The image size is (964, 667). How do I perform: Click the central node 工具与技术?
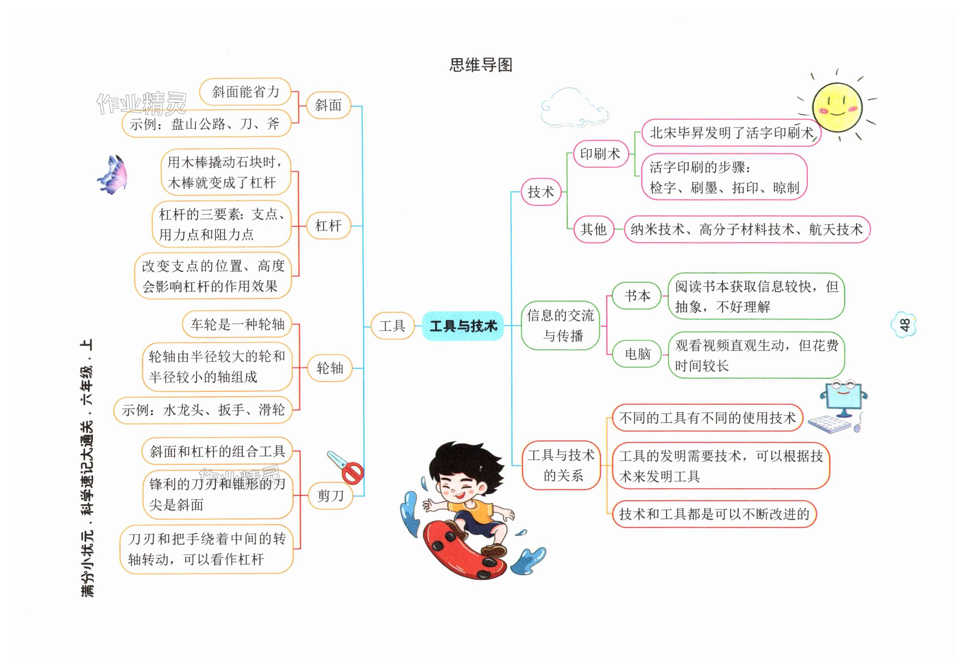coord(463,326)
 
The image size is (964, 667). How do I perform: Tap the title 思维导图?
coord(481,65)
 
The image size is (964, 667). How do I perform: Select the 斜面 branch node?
coord(328,105)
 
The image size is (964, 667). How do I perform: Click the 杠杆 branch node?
coord(328,226)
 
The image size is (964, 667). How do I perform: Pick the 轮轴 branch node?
coord(329,368)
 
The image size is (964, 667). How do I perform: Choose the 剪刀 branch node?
coord(330,496)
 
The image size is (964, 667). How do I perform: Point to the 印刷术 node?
coord(600,154)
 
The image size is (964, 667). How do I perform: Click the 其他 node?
coord(593,229)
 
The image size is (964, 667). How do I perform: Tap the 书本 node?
coord(637,296)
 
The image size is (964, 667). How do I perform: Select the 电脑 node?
coord(637,354)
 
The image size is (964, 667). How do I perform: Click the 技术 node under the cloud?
coord(541,192)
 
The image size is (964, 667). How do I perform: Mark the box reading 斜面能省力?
coord(245,92)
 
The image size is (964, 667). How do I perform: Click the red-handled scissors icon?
coord(346,467)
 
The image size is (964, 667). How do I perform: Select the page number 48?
coord(904,325)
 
